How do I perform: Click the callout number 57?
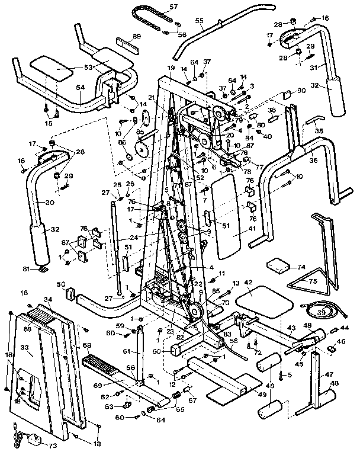(157, 7)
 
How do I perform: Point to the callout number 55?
(200, 28)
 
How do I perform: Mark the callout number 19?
(171, 69)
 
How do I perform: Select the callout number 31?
(314, 66)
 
